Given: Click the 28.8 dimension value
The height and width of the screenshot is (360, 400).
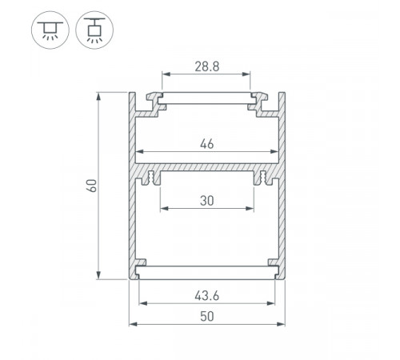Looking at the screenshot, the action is [x=207, y=66].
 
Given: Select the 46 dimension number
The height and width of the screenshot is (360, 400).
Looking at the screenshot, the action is [x=207, y=144].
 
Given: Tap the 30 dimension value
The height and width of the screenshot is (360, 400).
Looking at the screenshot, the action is [x=207, y=201].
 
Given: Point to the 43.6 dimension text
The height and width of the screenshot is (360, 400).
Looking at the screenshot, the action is [x=207, y=296].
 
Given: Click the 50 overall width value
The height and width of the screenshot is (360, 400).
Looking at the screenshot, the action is [x=207, y=317].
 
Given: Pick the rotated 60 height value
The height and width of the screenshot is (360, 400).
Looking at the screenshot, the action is [x=91, y=186].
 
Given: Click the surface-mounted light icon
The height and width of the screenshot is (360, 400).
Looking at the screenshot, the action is [x=50, y=30].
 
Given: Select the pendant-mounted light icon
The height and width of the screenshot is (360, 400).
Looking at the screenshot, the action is [x=94, y=30].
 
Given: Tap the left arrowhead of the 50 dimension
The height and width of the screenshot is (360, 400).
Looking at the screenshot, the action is [x=133, y=324].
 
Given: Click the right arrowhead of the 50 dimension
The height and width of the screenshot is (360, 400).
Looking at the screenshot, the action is [x=282, y=324].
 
